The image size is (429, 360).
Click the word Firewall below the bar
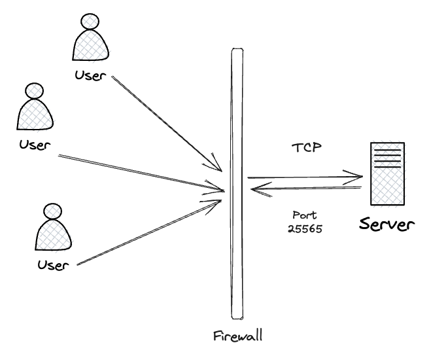[237, 337]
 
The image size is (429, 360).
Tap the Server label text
[387, 225]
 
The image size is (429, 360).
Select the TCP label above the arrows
[307, 148]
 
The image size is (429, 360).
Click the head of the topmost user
[88, 22]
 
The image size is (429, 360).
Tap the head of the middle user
[33, 91]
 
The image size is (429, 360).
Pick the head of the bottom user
[52, 211]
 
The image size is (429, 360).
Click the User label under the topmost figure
[89, 76]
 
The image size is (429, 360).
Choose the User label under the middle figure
[33, 143]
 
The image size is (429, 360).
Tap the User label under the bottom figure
[52, 265]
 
